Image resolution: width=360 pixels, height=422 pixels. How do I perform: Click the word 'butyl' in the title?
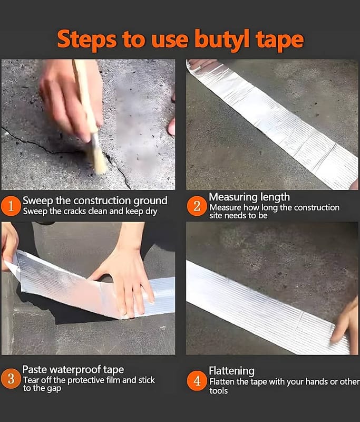(x=222, y=41)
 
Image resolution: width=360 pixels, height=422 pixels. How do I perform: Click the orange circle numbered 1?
(x=11, y=206)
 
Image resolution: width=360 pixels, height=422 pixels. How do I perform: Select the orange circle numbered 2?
(x=197, y=206)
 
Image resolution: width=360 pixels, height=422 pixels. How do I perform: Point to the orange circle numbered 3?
(x=11, y=379)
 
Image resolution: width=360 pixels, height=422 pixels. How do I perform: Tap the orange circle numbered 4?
(x=197, y=381)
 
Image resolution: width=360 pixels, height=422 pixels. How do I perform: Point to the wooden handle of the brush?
(x=85, y=97)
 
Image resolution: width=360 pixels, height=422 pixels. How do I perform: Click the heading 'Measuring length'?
(x=249, y=197)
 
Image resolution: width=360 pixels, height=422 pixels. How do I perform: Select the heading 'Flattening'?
(x=231, y=371)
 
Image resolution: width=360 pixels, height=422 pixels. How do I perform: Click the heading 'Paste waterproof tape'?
(x=73, y=370)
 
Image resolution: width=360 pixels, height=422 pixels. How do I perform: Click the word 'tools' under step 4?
(x=218, y=391)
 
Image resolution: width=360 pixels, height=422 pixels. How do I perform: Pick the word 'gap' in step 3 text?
(x=55, y=389)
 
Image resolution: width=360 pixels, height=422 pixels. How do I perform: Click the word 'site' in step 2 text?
(x=216, y=216)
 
